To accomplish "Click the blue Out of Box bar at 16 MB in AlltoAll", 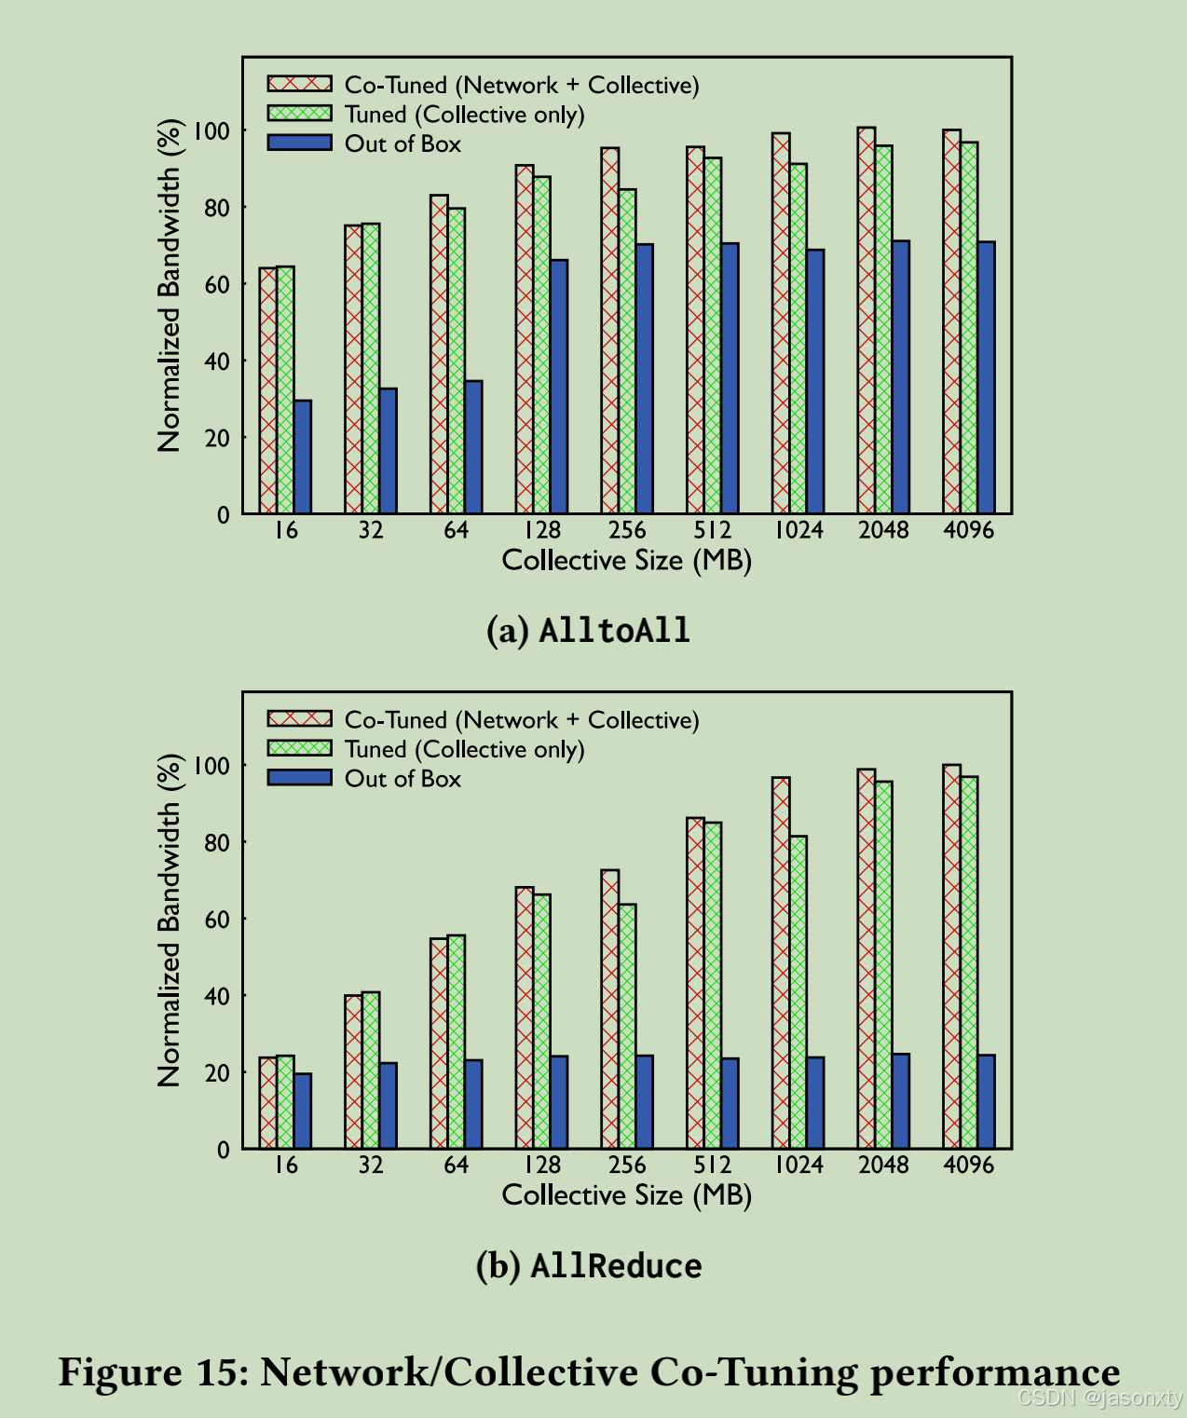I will coord(303,457).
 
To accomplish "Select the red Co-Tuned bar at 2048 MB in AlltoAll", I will coord(866,321).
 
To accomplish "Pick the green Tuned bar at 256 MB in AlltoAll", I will coord(627,352).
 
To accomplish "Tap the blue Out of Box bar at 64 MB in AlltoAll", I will coord(473,447).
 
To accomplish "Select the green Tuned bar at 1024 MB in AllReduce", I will coord(798,992).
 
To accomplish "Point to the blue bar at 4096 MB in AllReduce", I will coord(986,1101).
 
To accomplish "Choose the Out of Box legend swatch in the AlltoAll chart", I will coord(299,143).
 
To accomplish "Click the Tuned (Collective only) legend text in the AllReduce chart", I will coord(464,749).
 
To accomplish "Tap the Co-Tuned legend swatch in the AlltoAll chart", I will coord(299,85).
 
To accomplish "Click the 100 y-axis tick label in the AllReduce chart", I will coord(211,766).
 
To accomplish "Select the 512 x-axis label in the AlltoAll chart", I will coord(713,530).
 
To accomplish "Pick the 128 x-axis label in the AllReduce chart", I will coord(541,1165).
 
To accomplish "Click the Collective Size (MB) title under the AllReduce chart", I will coord(626,1195).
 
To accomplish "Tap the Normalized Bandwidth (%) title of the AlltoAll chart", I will coord(169,285).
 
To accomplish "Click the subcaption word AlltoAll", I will coord(615,631).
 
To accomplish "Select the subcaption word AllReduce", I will coord(616,1266).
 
